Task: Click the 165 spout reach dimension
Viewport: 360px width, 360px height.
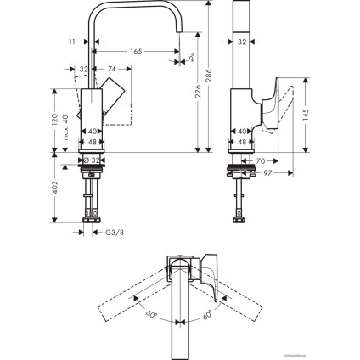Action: [136, 52]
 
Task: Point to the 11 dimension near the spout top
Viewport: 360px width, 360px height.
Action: [74, 39]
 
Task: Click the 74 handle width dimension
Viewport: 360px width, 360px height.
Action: [111, 70]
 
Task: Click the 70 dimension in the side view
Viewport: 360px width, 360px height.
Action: [260, 160]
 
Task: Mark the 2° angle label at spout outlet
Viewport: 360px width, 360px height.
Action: [192, 59]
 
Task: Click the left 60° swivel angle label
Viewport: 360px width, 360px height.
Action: [152, 315]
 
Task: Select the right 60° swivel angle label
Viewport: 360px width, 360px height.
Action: [208, 315]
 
